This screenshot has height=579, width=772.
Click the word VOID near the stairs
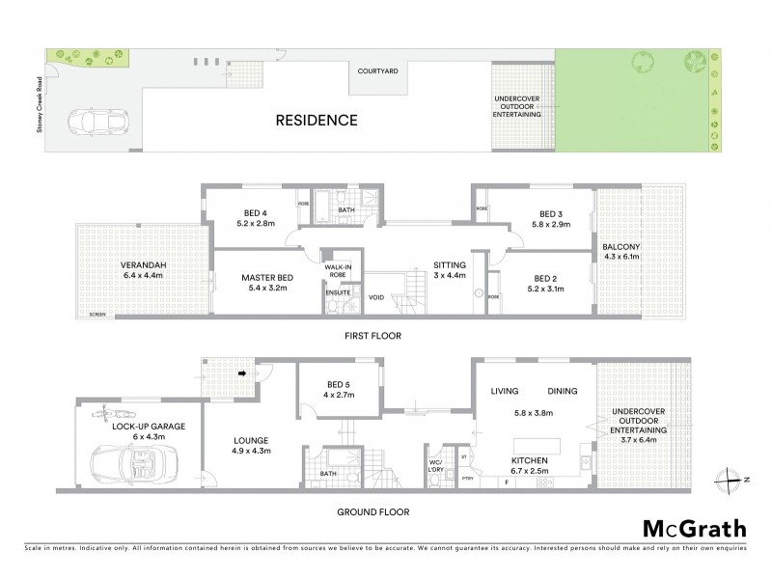click(x=375, y=298)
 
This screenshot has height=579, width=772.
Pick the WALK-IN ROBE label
click(x=337, y=271)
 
